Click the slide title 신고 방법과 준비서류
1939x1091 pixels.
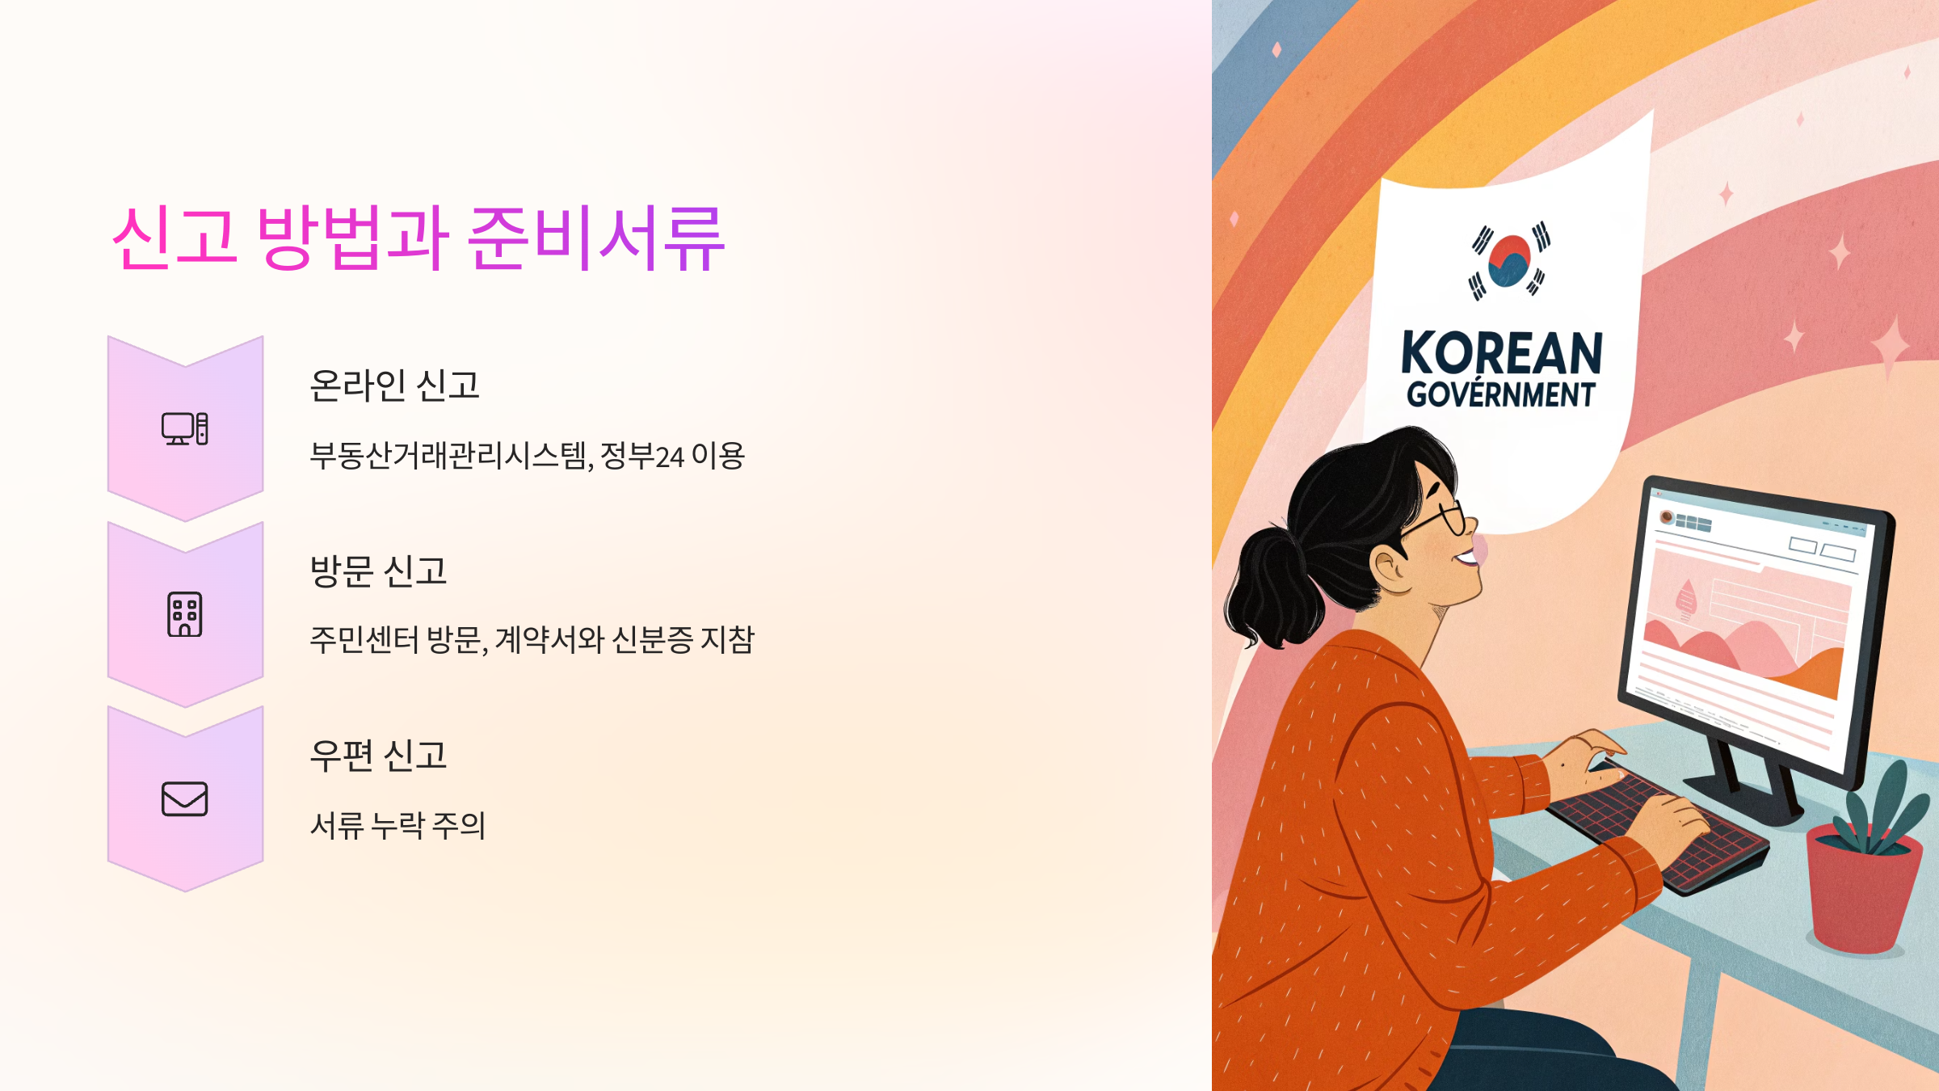418,238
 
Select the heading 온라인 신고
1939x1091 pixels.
394,385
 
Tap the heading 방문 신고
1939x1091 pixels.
378,571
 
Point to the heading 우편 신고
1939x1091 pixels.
378,756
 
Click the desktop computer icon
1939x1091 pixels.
185,428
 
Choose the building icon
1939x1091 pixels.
185,614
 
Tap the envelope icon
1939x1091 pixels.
185,798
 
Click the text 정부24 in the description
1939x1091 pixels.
641,457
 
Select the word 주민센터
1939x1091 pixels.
364,640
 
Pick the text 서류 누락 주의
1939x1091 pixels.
397,826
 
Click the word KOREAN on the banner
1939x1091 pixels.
1501,353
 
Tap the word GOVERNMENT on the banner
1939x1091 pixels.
1501,395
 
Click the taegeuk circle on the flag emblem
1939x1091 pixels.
1508,260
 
